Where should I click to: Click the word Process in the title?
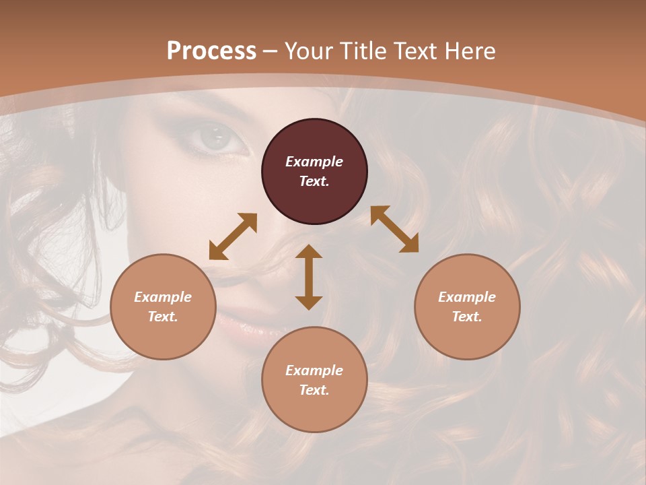[x=211, y=51]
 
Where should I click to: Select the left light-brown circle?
[x=163, y=336]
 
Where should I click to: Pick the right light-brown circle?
[x=467, y=336]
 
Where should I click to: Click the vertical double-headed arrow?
[x=309, y=277]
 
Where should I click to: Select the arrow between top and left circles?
[x=233, y=236]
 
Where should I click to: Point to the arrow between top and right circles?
[x=394, y=229]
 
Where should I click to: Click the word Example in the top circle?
[x=314, y=162]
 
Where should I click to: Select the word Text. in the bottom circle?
[x=314, y=390]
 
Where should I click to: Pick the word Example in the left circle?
[x=163, y=297]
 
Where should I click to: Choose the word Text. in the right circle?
[x=467, y=317]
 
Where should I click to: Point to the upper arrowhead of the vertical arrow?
[x=309, y=253]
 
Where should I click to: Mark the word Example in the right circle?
[x=467, y=297]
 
